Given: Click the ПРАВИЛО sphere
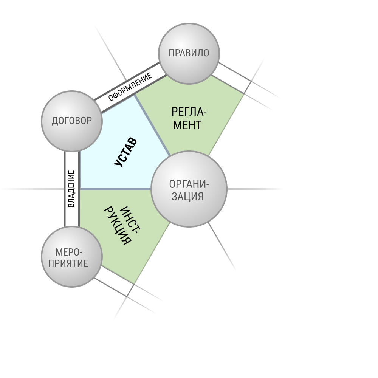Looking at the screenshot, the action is point(189,54).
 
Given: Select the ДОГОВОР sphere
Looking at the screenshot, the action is point(72,121).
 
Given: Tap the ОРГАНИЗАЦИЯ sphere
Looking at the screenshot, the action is point(189,189).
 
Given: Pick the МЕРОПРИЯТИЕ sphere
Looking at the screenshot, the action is point(72,257).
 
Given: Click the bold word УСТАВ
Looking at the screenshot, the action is point(125,152).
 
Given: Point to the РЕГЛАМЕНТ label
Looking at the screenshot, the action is point(189,118).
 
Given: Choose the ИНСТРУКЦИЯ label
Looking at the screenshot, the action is point(122,226).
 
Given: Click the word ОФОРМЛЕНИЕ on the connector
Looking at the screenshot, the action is point(130,87).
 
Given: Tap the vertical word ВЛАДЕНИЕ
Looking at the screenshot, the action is point(71,189).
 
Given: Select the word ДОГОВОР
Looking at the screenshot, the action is point(72,121).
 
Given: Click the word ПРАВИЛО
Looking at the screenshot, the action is point(189,53).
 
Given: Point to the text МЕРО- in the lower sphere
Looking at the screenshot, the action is point(69,253).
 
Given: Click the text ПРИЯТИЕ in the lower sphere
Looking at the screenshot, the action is point(68,263).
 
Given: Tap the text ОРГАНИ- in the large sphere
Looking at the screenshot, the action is point(189,184).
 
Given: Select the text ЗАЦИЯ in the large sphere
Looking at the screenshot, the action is point(187,196).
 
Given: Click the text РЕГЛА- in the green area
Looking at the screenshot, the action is point(189,112).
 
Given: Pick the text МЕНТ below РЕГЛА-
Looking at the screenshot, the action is point(187,125).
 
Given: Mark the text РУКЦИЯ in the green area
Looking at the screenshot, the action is point(118,226).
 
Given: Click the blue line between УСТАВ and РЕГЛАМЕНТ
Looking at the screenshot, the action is point(152,125).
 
